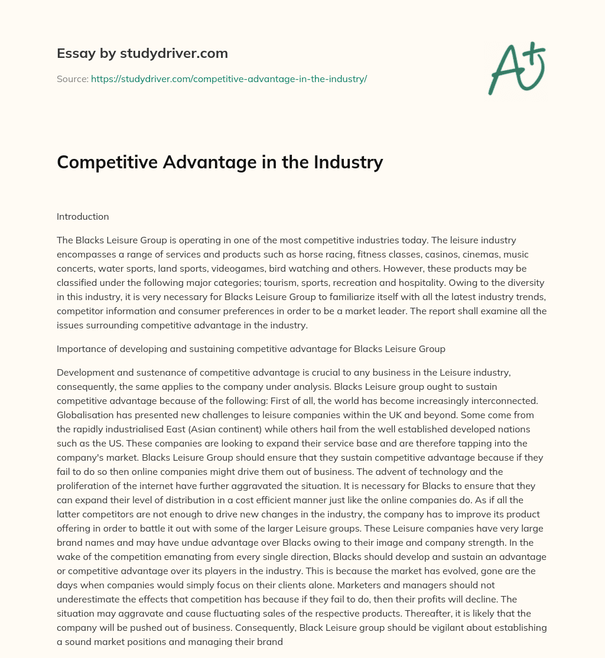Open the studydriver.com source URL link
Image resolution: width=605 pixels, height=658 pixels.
(x=229, y=79)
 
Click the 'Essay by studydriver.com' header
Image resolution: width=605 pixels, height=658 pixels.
(x=142, y=53)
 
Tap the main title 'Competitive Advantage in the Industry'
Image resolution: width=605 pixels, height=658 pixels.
(x=220, y=161)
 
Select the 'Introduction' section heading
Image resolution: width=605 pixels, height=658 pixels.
(x=83, y=216)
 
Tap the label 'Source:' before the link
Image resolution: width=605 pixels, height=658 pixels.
(x=72, y=79)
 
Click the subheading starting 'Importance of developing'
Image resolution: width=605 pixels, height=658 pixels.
(x=251, y=349)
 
